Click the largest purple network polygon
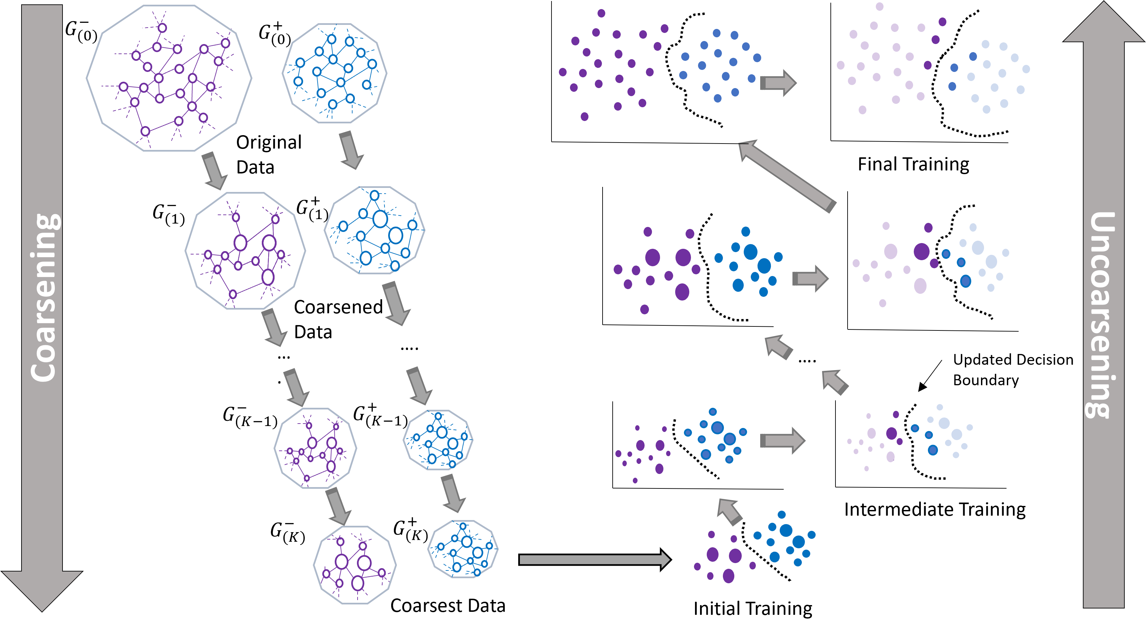pos(169,78)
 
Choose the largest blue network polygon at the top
pos(334,73)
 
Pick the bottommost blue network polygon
pos(463,549)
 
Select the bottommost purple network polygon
pos(355,565)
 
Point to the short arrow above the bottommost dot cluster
pos(729,511)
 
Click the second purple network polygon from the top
pos(245,251)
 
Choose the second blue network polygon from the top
pos(375,230)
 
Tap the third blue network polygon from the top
pos(438,440)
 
